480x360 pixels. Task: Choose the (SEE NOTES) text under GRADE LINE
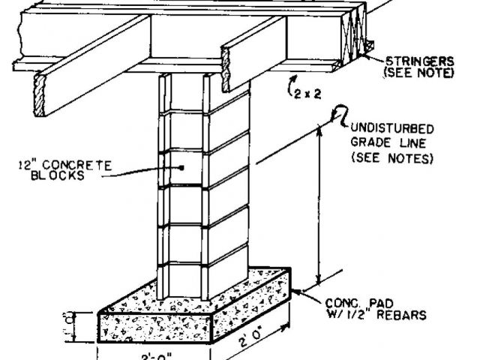click(391, 159)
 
